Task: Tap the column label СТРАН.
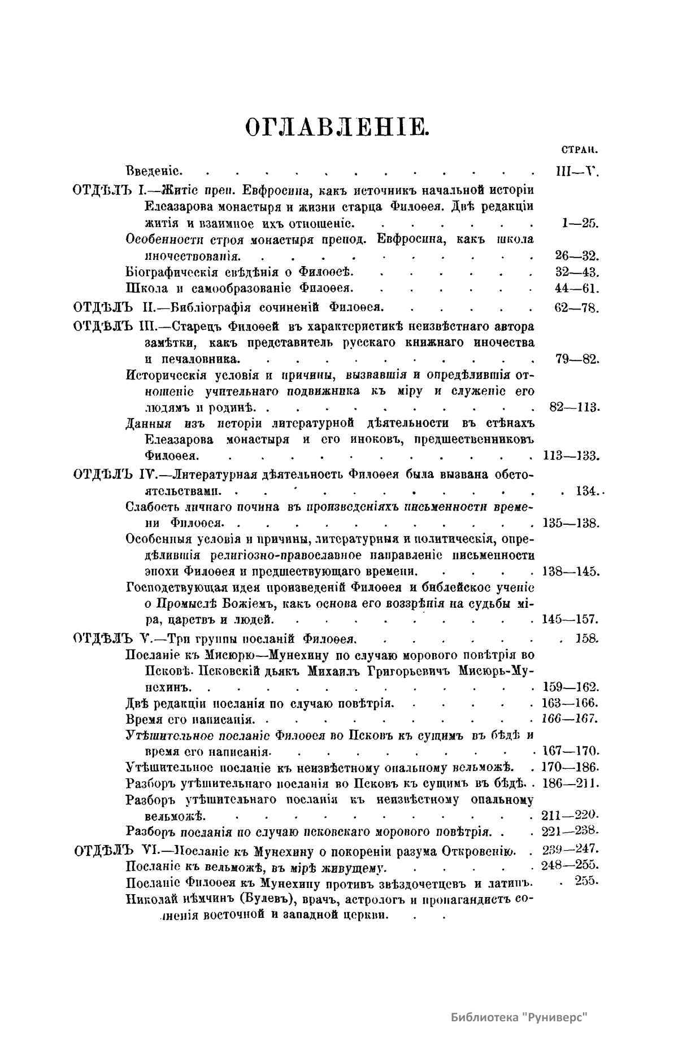point(580,150)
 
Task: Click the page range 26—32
point(576,255)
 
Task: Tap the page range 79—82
point(576,359)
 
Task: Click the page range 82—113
point(573,407)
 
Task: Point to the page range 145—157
point(571,620)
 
